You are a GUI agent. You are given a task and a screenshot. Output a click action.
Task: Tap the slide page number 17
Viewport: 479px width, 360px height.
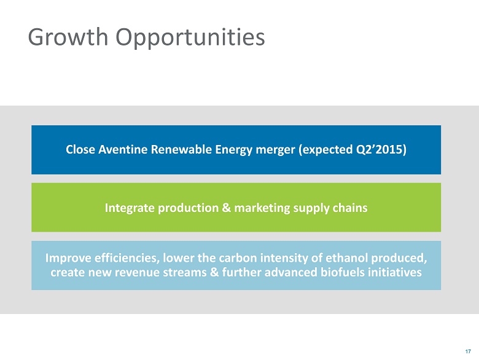(468, 348)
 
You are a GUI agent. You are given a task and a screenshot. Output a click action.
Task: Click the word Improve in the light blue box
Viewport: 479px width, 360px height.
(68, 258)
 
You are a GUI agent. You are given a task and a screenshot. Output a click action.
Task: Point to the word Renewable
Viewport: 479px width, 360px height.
(176, 150)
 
